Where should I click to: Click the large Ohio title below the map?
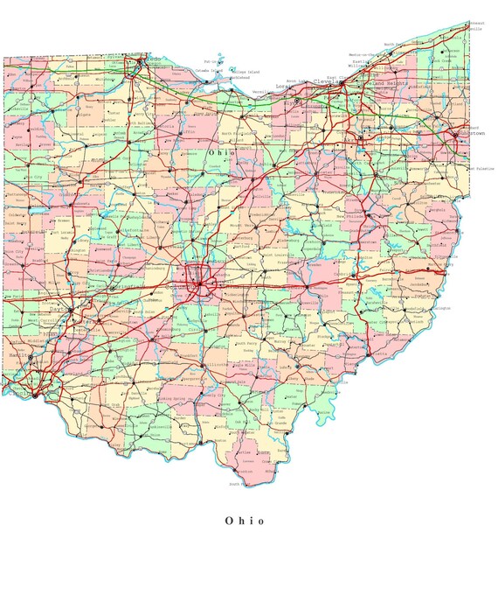pyautogui.click(x=244, y=521)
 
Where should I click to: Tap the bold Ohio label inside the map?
pyautogui.click(x=220, y=152)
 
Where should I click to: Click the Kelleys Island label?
pyautogui.click(x=242, y=72)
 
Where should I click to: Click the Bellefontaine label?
pyautogui.click(x=112, y=234)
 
